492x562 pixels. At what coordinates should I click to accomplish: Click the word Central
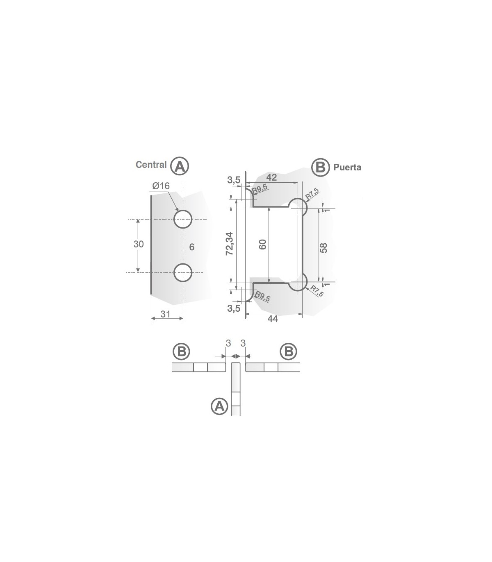151,165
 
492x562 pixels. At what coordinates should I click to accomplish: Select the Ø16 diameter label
160,186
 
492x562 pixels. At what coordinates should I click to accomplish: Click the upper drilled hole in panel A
183,219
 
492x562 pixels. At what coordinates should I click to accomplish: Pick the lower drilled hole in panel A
183,272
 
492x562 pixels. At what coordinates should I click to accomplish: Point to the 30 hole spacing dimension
139,244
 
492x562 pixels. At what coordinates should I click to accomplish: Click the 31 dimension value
165,314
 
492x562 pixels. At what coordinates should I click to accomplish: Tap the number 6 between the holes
192,247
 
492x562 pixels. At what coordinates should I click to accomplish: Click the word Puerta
347,167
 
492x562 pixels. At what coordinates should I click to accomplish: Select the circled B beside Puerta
320,167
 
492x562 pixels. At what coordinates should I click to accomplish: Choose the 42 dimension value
271,177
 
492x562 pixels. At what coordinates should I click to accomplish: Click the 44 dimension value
272,319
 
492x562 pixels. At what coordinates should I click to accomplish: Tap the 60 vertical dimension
263,245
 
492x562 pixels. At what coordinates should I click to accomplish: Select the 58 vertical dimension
323,247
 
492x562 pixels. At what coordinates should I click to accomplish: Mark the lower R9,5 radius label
262,296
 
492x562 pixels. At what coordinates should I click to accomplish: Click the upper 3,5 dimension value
233,180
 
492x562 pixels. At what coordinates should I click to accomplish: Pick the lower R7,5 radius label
317,291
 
